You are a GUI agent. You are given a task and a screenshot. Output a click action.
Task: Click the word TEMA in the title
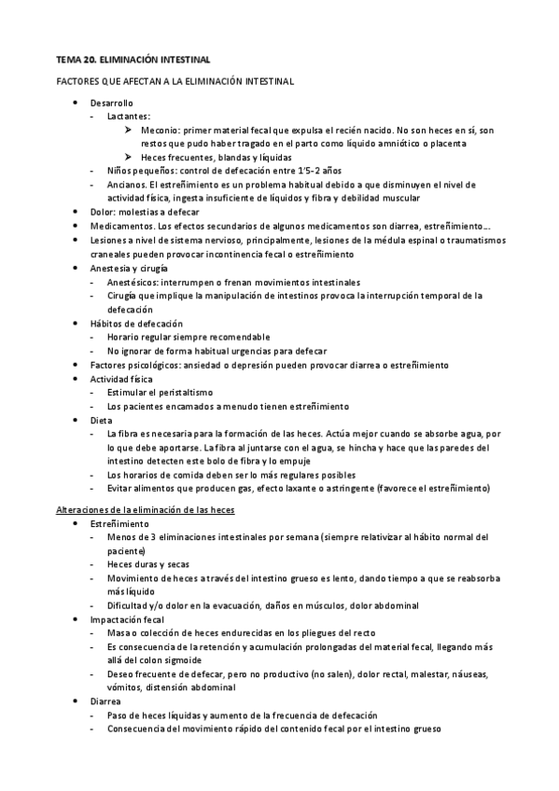(x=70, y=59)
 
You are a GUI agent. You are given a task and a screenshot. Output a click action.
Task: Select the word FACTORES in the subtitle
(x=77, y=82)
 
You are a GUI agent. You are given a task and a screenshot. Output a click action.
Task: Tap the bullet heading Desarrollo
(x=112, y=103)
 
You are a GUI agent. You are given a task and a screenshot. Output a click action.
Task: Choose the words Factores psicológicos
(x=136, y=364)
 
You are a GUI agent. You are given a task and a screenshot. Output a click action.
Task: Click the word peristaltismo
(x=185, y=393)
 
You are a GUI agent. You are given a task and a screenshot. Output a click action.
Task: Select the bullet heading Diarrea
(x=105, y=701)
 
